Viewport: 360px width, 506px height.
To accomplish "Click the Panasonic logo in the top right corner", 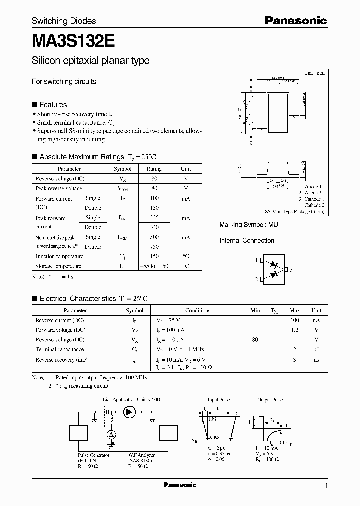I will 295,20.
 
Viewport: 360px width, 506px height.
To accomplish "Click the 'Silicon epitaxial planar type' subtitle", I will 90,61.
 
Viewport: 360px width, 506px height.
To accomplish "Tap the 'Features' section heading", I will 53,105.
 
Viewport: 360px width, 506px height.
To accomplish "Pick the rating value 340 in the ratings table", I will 154,227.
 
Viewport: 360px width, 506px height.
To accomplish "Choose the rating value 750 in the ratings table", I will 154,246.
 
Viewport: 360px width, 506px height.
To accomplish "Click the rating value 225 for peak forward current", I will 154,218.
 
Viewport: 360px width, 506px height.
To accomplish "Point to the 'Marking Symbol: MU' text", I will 249,225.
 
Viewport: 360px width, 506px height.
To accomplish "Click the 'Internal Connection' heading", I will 247,241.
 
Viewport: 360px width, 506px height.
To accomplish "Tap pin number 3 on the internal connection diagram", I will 291,270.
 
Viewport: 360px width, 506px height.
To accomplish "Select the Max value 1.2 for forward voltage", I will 294,330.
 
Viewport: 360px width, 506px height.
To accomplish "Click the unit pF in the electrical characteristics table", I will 316,350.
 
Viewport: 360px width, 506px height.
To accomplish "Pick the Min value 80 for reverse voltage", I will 255,339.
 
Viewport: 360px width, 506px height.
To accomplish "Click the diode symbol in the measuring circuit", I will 131,412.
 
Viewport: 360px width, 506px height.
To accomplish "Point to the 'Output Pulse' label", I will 270,400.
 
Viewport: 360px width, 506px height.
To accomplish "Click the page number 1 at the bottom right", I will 326,486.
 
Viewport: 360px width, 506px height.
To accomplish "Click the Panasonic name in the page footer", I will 180,485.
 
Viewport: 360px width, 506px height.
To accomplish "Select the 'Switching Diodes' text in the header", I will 64,21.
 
